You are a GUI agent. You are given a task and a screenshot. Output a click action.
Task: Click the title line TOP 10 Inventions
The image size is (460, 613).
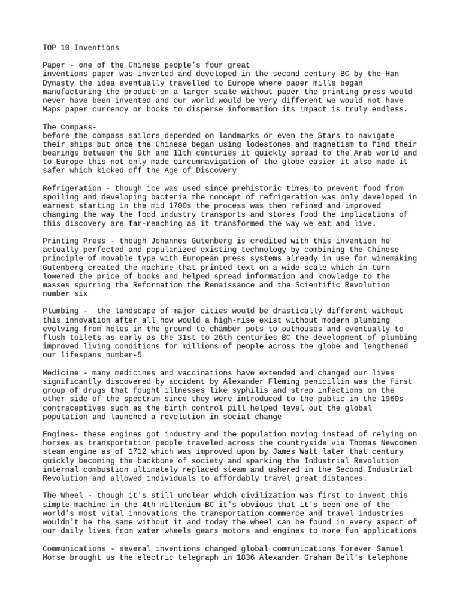coord(81,47)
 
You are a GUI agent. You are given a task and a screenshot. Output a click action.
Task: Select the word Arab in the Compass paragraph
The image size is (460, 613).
coord(353,153)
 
